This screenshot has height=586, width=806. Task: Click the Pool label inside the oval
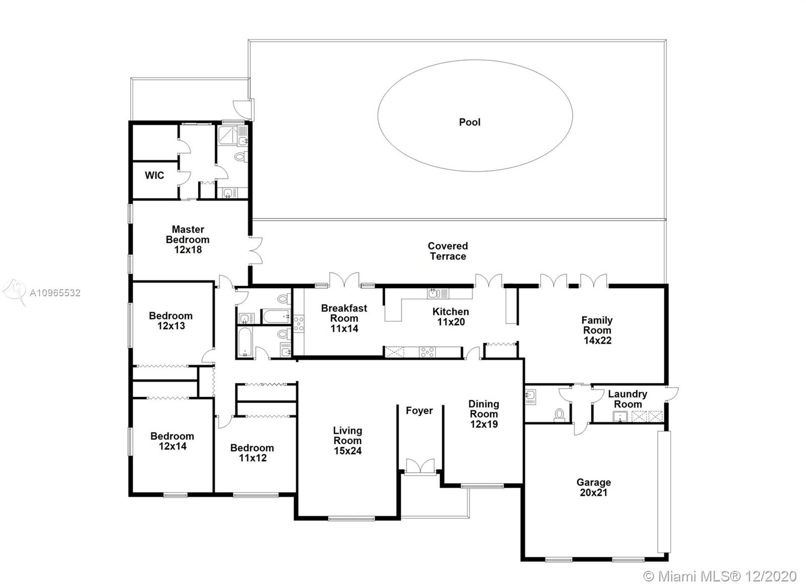pyautogui.click(x=469, y=122)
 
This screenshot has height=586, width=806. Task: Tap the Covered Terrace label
pyautogui.click(x=448, y=251)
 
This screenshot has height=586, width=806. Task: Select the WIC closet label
pyautogui.click(x=154, y=175)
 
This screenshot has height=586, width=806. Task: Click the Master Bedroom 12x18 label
pyautogui.click(x=188, y=239)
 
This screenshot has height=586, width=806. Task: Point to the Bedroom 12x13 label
pyautogui.click(x=171, y=321)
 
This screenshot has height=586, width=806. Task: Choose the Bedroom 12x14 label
pyautogui.click(x=172, y=441)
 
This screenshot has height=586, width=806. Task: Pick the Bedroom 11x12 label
pyautogui.click(x=252, y=453)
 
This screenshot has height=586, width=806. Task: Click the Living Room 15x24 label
pyautogui.click(x=348, y=440)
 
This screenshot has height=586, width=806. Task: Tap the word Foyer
pyautogui.click(x=419, y=410)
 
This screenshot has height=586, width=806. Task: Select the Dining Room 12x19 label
pyautogui.click(x=484, y=414)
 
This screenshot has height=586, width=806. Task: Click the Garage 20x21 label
pyautogui.click(x=594, y=487)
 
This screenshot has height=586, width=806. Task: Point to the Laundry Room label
pyautogui.click(x=628, y=399)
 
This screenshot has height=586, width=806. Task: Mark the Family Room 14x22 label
pyautogui.click(x=597, y=330)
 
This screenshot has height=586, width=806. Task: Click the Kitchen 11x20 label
pyautogui.click(x=451, y=316)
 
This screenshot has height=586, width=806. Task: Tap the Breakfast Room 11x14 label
pyautogui.click(x=345, y=318)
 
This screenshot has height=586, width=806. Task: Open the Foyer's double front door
pyautogui.click(x=420, y=467)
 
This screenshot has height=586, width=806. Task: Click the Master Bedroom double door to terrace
pyautogui.click(x=255, y=251)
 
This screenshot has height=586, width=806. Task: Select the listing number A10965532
pyautogui.click(x=55, y=293)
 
